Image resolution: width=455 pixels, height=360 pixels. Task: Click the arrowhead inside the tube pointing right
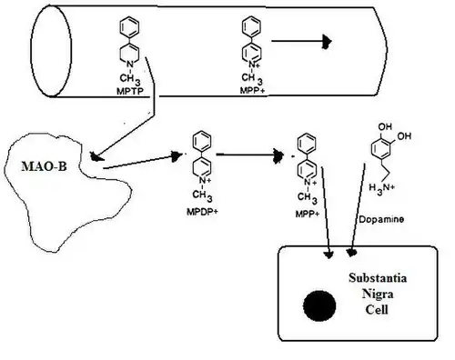tap(323, 42)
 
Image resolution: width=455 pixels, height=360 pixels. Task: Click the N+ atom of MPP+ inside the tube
tap(248, 64)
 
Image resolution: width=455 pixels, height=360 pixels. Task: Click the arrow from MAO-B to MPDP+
tap(136, 161)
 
